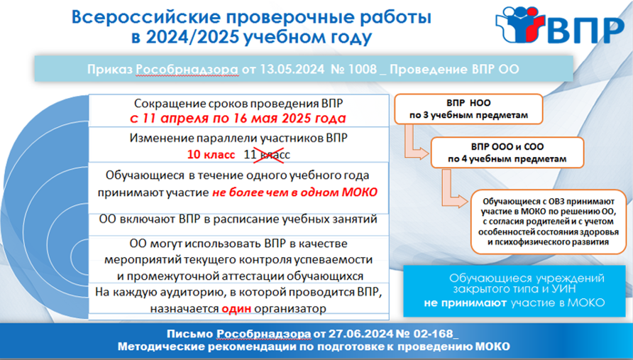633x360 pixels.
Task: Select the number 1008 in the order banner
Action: (362, 69)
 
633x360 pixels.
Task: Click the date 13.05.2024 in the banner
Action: (292, 69)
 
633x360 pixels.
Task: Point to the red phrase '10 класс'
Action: (211, 154)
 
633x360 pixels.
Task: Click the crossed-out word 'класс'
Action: (273, 154)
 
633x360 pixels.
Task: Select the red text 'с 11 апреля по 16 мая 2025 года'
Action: (238, 119)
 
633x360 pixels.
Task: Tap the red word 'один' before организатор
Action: (236, 309)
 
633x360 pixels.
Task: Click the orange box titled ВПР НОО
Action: (468, 109)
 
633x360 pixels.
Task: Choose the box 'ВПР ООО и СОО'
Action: (507, 153)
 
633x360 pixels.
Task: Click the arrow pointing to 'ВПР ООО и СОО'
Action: (414, 146)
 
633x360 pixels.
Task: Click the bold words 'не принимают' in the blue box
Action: (465, 302)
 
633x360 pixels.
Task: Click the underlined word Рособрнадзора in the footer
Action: (264, 334)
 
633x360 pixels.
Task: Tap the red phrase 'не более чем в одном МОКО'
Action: (295, 192)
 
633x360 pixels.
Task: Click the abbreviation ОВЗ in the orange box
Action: (558, 201)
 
